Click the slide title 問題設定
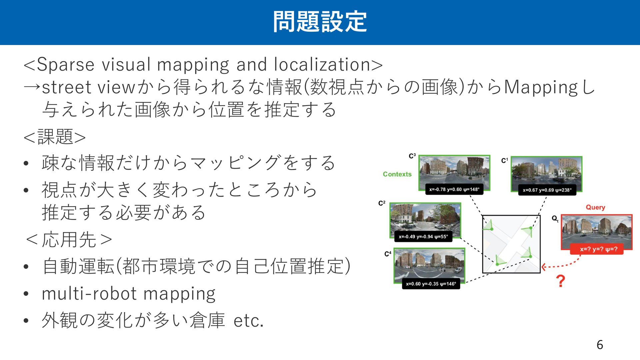point(320,22)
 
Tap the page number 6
point(600,345)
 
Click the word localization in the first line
point(322,64)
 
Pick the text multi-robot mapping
point(129,294)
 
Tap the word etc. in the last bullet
point(249,321)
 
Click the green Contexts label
point(397,174)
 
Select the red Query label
point(595,207)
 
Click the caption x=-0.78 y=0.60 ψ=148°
point(454,189)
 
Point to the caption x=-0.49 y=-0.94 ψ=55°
point(423,237)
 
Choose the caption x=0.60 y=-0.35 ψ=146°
point(431,284)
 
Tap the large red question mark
point(561,281)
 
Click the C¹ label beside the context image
point(504,161)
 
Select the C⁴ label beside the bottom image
point(388,254)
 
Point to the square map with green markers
point(511,244)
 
